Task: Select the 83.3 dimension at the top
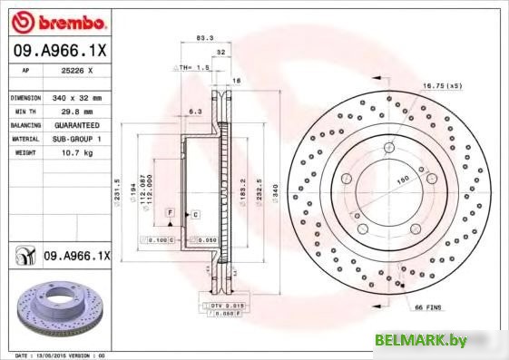pos(205,38)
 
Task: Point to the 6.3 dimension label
pos(194,112)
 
